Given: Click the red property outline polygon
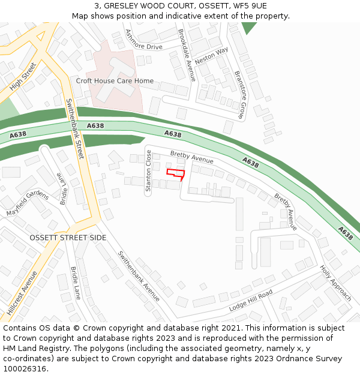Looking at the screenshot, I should point(175,173).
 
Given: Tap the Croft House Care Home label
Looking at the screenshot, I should point(115,81).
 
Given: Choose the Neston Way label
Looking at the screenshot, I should point(212,57).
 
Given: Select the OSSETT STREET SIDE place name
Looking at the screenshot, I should point(68,238).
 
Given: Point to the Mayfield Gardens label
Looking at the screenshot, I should point(27,203).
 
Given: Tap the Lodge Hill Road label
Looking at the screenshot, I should point(251,300).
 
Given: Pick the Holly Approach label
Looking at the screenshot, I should point(335,283).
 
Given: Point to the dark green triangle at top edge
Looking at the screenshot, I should point(248,27).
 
